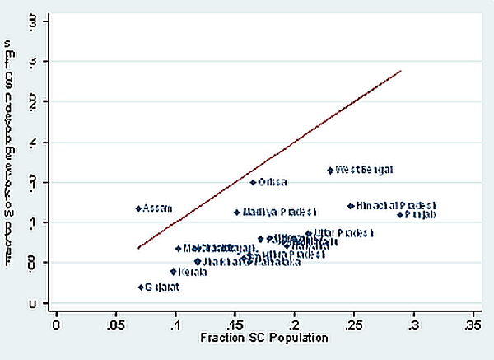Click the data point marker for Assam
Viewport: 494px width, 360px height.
(x=138, y=208)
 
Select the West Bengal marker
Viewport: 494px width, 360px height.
(x=330, y=170)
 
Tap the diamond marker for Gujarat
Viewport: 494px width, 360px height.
(x=141, y=287)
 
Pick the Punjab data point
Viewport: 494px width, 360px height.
(x=401, y=214)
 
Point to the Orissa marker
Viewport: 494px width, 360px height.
(x=253, y=182)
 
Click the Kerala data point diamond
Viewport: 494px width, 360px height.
(x=173, y=271)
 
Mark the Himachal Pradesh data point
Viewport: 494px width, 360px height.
(x=350, y=206)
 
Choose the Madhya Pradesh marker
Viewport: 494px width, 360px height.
(x=237, y=212)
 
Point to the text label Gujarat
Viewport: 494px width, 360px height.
(x=162, y=288)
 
